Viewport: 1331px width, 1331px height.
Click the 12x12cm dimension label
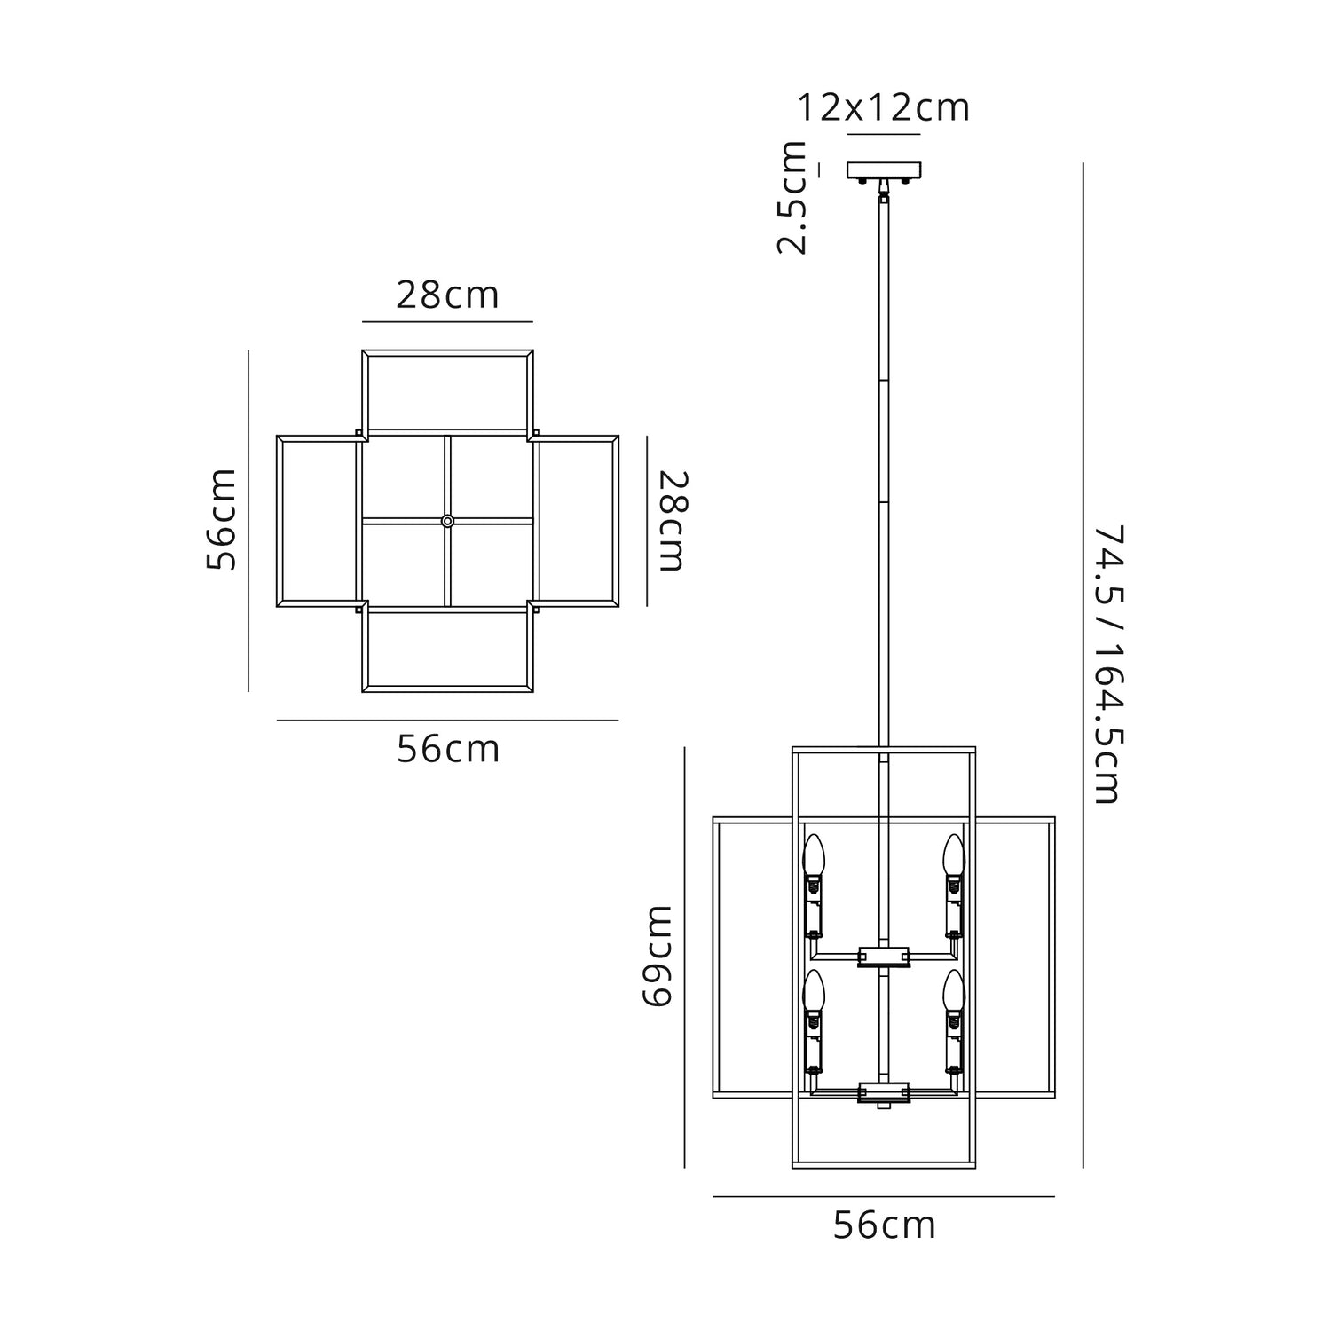[x=884, y=108]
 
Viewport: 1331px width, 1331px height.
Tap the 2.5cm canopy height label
[x=792, y=198]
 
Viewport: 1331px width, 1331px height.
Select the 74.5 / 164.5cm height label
[x=1107, y=665]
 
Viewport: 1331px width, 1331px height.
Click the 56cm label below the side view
[x=884, y=1225]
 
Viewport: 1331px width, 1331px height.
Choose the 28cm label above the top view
[x=447, y=295]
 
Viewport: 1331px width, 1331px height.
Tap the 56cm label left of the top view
[x=222, y=520]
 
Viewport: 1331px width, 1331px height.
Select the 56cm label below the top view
[x=448, y=750]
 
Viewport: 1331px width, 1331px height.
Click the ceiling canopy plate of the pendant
[x=885, y=169]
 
